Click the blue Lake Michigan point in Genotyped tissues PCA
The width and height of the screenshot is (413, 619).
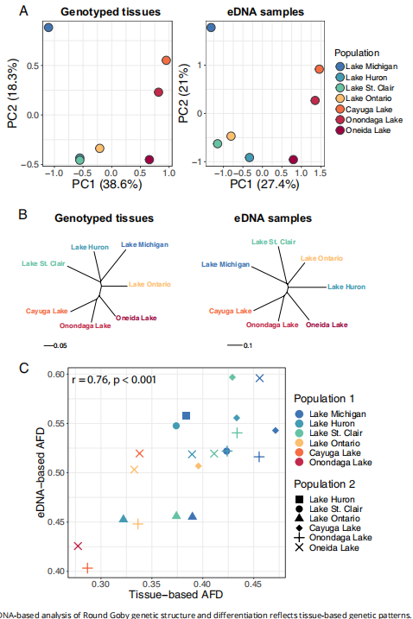tap(49, 28)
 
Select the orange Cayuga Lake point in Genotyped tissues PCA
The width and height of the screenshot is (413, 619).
tap(167, 60)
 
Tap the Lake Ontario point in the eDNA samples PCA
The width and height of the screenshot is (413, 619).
tap(231, 136)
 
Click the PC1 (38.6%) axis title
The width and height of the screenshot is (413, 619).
tap(105, 185)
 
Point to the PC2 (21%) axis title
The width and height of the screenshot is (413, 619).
tap(184, 91)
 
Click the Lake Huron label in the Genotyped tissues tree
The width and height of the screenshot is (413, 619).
tap(89, 248)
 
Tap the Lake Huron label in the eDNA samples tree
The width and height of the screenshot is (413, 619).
tap(347, 286)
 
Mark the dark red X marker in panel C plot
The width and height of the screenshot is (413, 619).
tap(79, 546)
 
